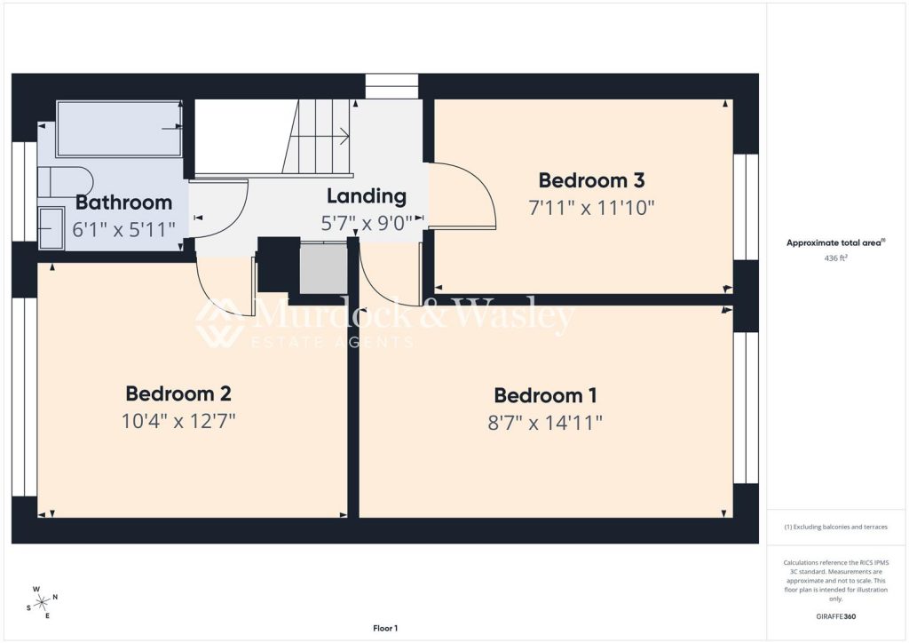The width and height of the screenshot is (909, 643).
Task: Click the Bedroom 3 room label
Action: coord(591,180)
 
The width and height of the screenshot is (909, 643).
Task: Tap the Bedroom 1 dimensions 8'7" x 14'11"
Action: coord(545,423)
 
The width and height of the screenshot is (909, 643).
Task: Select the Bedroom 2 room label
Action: coord(178,393)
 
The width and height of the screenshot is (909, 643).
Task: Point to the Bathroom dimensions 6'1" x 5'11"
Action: coord(123,230)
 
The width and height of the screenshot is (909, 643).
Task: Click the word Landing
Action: coord(367,196)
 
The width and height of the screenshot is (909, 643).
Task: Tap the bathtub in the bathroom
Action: coord(120,129)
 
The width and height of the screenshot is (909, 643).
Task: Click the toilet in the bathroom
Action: coord(65,183)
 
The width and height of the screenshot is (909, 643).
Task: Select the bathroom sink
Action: coord(51,228)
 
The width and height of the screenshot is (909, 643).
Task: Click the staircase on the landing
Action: coord(317,137)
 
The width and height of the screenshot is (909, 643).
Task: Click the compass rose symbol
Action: coord(43,603)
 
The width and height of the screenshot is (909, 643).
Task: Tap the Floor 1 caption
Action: coord(385,628)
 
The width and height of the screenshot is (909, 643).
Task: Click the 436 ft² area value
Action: coord(836,258)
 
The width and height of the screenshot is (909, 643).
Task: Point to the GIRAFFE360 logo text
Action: coord(836,616)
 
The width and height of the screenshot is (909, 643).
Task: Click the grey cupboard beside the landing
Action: coord(323,268)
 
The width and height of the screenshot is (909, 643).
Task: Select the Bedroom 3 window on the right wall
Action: coord(746,206)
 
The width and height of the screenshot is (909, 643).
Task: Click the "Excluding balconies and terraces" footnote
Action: coord(836,527)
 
